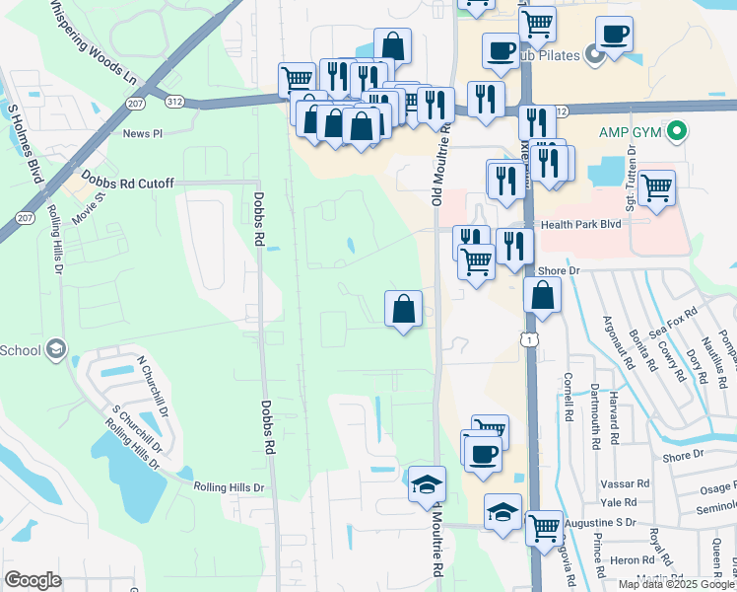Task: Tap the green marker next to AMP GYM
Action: (677, 130)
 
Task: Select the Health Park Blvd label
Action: (580, 225)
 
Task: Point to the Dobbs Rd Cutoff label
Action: (128, 184)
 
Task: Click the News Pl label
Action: (143, 133)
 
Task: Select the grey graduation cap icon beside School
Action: (57, 349)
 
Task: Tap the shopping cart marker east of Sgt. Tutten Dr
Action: (656, 187)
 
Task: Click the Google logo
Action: (33, 580)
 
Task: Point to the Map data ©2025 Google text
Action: (676, 584)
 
